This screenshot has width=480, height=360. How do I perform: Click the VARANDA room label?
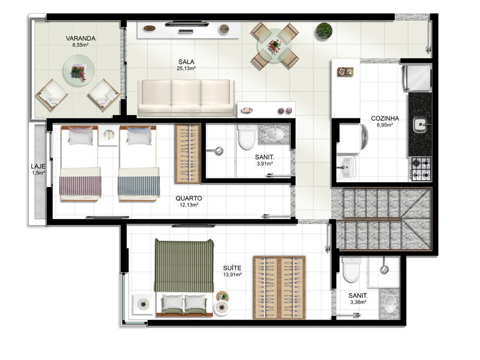tap(81, 39)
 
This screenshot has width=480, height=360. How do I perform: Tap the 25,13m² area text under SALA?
tap(186, 68)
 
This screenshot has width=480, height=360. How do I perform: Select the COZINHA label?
tap(385, 119)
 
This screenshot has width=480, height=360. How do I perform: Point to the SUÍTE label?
tap(232, 268)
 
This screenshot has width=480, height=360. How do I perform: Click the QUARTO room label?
tap(189, 198)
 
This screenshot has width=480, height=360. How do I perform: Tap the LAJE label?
tap(38, 166)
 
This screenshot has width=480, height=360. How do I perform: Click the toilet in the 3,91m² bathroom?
tap(247, 137)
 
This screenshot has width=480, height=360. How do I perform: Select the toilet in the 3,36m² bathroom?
tap(351, 269)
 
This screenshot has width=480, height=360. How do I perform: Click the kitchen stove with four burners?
tap(421, 169)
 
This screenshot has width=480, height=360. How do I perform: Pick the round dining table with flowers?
tap(274, 46)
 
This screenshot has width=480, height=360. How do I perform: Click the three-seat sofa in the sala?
tap(186, 98)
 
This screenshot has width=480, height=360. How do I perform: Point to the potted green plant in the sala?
tap(324, 31)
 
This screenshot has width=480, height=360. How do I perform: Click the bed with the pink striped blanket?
tap(80, 164)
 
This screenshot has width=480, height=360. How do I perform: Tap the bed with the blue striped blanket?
tap(139, 164)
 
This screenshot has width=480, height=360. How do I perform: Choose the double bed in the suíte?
tap(184, 278)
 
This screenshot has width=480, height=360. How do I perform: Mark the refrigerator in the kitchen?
tap(417, 78)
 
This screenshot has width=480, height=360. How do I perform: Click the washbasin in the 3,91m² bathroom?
tap(274, 134)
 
